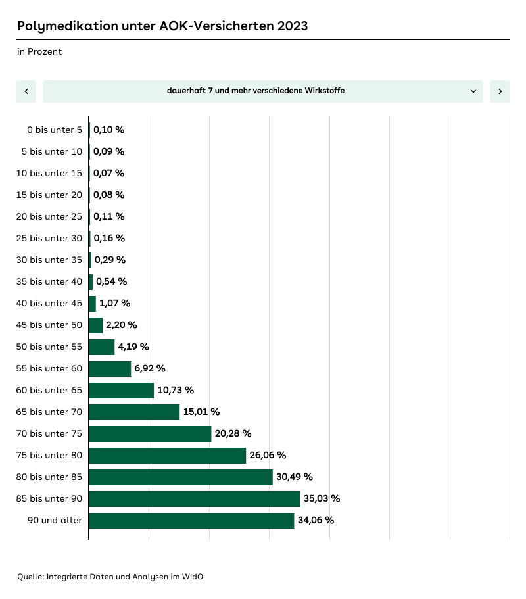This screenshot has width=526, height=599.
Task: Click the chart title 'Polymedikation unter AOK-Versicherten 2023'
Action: coord(162,26)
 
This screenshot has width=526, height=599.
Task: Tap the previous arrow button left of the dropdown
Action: coord(26,91)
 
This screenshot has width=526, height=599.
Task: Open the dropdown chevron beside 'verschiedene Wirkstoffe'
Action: coord(473,91)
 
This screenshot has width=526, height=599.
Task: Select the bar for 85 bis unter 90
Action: coord(194,499)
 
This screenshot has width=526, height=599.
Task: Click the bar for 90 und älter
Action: coord(191,521)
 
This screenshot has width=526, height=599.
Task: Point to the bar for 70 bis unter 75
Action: coord(150,434)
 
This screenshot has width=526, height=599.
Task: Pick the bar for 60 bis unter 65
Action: coord(121,391)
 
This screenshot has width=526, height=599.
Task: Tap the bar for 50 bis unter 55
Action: coord(101,347)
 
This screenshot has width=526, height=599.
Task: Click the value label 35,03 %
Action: coord(322,499)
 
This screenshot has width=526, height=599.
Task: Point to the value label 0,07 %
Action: coord(108,174)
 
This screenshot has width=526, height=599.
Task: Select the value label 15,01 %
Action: coord(201,412)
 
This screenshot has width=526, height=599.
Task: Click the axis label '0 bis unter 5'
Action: coord(55,130)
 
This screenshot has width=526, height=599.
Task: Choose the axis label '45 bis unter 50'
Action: coord(49,325)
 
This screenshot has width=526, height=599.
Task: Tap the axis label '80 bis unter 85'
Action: coord(49,477)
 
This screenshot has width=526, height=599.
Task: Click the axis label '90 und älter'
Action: coord(55,521)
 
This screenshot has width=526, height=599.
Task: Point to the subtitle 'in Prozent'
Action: coord(39,51)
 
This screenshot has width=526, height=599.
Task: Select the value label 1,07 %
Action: coord(114,304)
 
